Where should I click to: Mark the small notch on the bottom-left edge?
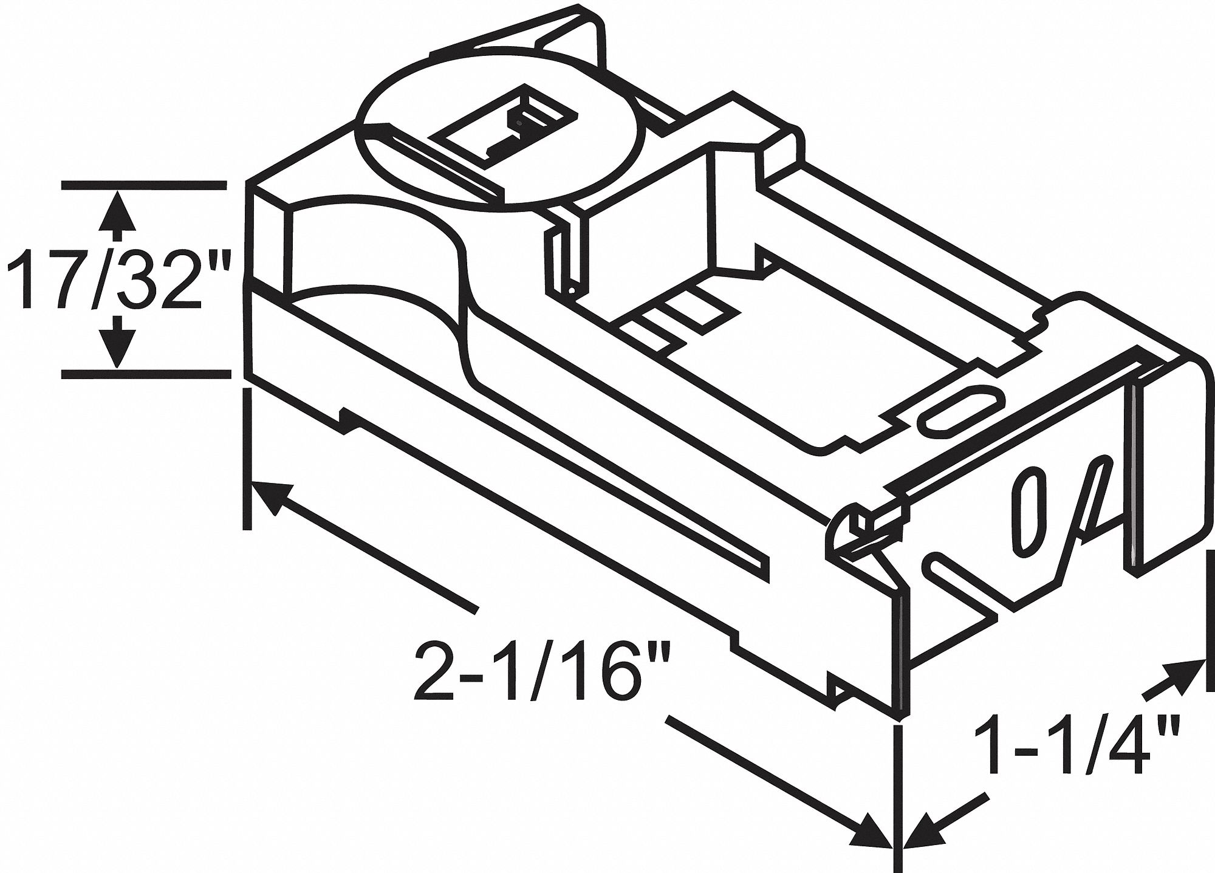click(x=349, y=419)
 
